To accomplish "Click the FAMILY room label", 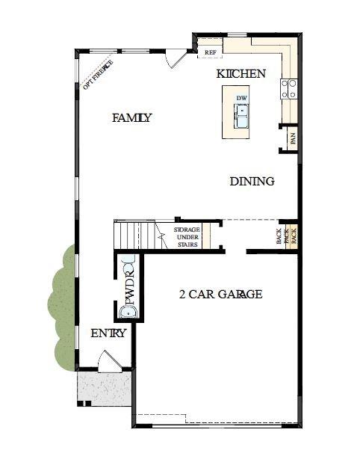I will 131,117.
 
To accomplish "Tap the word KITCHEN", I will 240,74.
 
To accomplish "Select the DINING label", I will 252,181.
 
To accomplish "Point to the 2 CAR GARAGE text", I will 220,294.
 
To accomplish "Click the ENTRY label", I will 108,333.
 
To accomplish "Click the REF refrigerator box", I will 210,52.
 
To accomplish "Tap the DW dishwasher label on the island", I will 241,98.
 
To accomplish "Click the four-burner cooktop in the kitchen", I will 288,90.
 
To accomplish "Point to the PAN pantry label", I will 294,138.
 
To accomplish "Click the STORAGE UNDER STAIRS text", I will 187,237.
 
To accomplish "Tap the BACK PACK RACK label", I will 287,236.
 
